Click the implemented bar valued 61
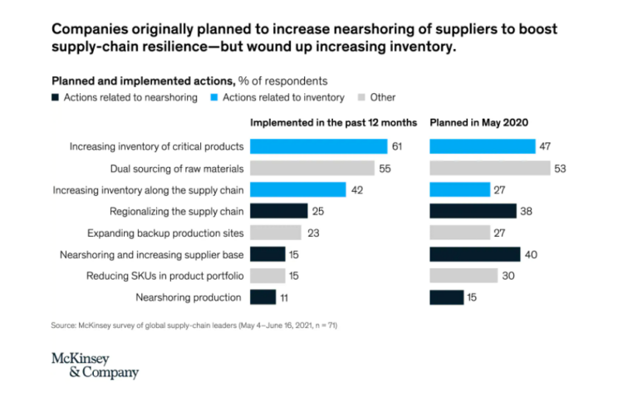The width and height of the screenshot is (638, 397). coord(318,146)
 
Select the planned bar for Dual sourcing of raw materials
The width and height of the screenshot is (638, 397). coord(489,168)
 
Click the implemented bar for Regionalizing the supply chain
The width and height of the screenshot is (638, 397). coord(278,211)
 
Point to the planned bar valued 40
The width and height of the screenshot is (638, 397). coord(474,254)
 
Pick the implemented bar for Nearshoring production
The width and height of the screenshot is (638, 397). coord(263,297)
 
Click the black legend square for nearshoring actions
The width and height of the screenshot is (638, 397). coord(56,98)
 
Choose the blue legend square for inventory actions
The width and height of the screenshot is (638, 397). coord(213,98)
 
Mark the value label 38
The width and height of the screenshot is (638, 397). coord(526,211)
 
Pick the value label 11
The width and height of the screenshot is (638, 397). coord(285,297)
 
